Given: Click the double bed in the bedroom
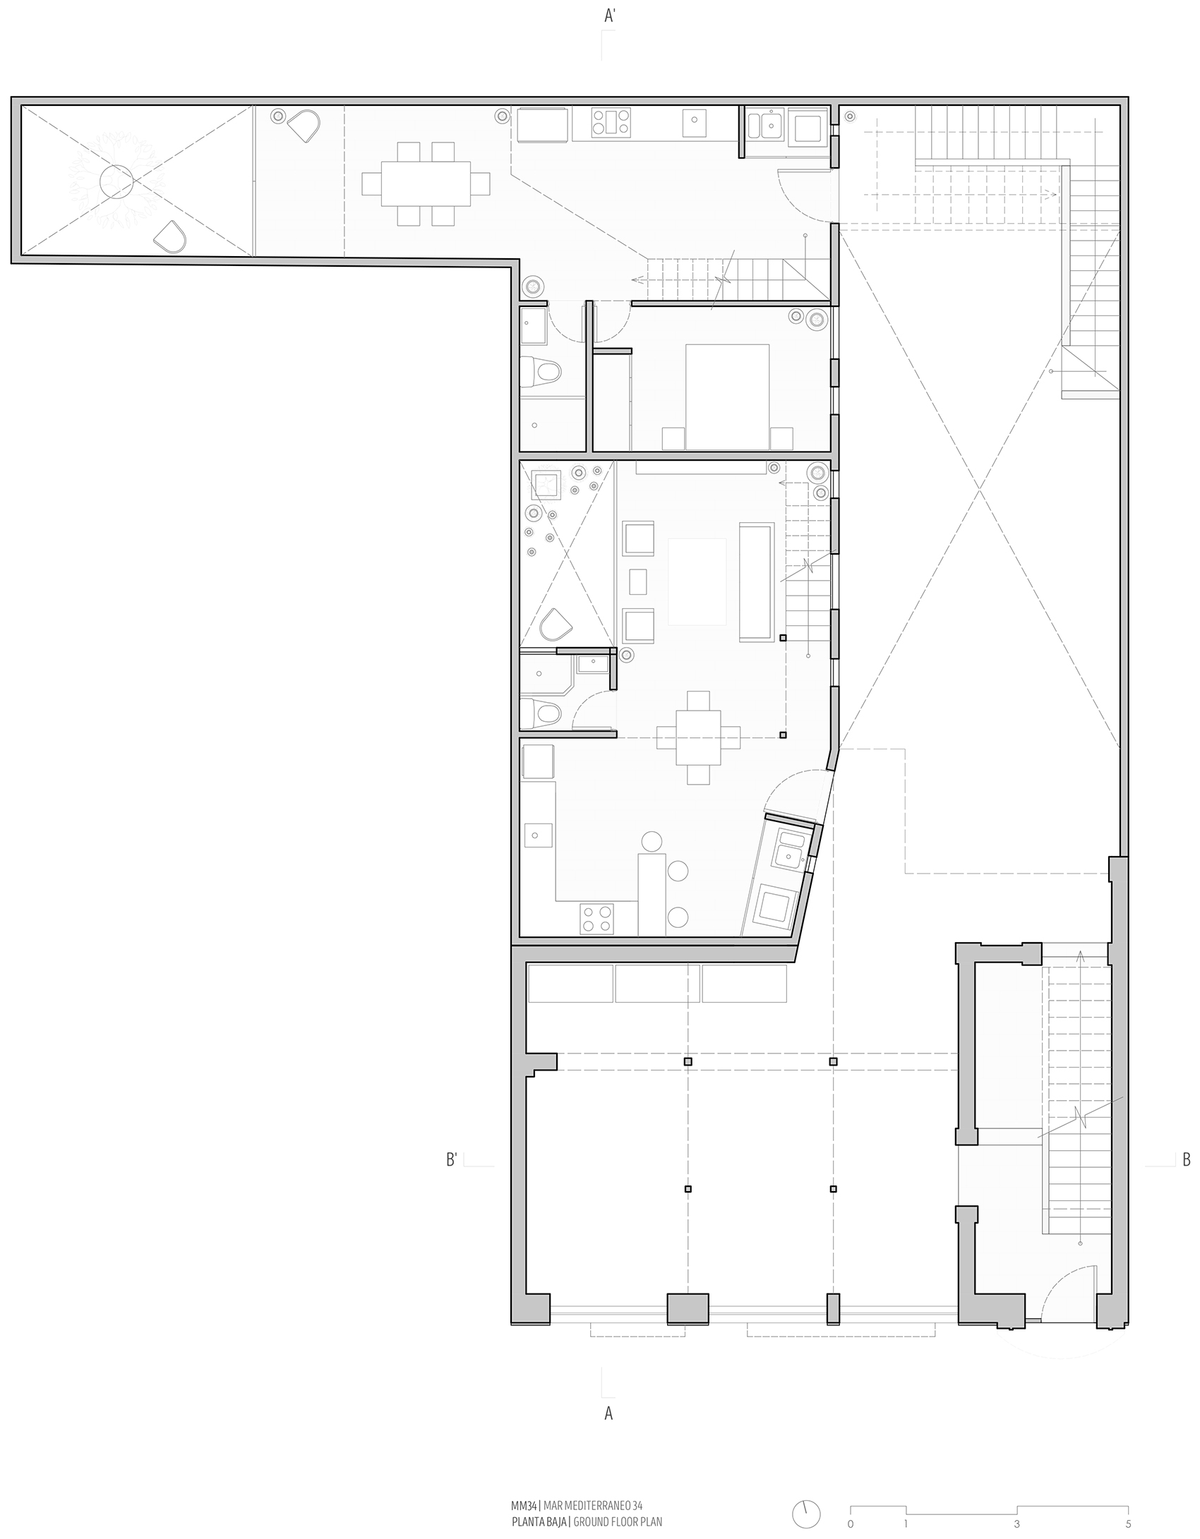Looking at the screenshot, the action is [x=727, y=397].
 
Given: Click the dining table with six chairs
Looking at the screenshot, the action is [x=426, y=183].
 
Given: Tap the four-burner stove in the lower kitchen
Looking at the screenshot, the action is [x=596, y=919].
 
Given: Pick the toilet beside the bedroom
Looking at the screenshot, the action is [x=541, y=371].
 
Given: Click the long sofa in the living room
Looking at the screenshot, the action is [x=757, y=581].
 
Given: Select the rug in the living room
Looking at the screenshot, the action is [x=697, y=581].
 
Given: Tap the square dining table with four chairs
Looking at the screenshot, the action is [x=698, y=737].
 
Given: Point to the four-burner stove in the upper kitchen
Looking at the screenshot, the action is [x=611, y=123].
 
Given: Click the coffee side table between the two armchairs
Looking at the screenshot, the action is [x=638, y=581].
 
